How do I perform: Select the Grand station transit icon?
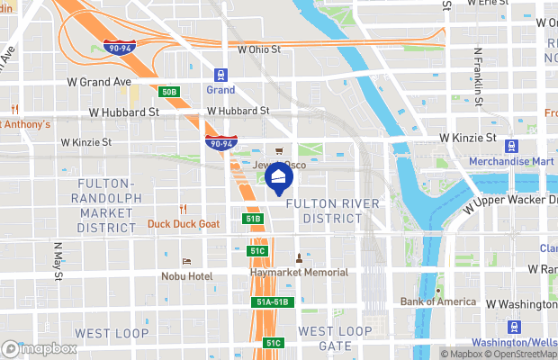(220, 76)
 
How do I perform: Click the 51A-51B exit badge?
(272, 302)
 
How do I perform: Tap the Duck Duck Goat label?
(184, 223)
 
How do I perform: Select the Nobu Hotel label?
(187, 276)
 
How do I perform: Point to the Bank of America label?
(438, 301)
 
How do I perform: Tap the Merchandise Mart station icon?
(511, 146)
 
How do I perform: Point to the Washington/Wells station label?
(516, 343)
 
